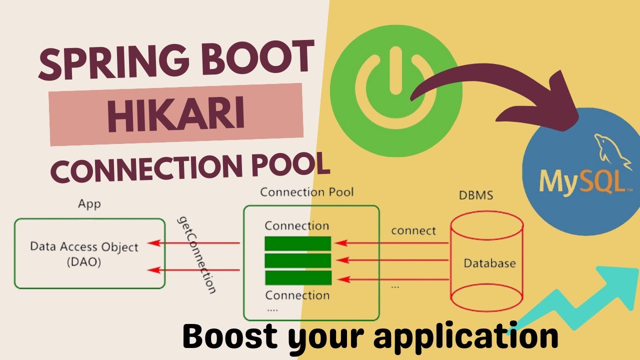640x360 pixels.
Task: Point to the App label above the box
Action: coord(89,204)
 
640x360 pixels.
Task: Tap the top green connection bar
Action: coord(298,243)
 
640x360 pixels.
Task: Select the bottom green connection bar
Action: coord(298,277)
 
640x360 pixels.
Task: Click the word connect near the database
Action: coord(413,231)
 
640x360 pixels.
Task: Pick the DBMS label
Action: coord(475,195)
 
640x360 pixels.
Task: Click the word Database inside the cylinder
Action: coord(489,263)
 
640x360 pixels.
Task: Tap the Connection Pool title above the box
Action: coord(307,192)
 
